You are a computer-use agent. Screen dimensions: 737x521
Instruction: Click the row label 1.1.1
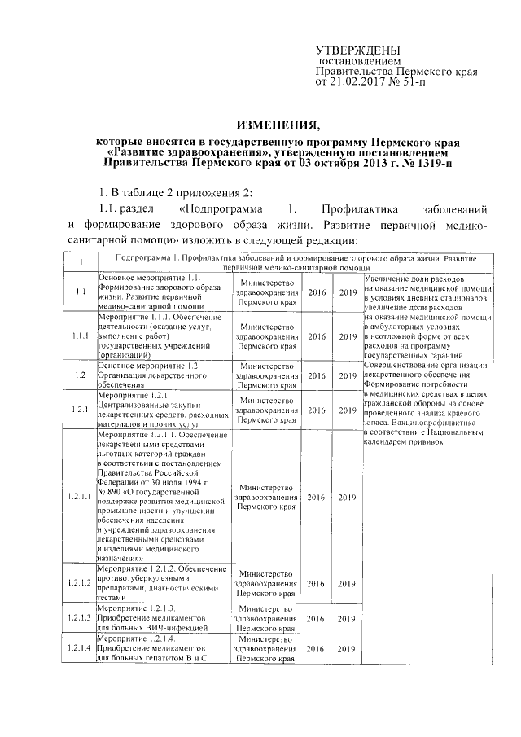pos(81,336)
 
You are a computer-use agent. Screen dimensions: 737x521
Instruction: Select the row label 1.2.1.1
pos(81,497)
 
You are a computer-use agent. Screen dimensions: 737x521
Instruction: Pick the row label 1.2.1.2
pos(81,583)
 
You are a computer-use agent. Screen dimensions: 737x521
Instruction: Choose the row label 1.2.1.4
pos(81,649)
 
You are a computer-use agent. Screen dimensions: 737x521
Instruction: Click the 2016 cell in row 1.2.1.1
pos(317,497)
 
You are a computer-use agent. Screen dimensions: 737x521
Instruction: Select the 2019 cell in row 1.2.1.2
pos(348,583)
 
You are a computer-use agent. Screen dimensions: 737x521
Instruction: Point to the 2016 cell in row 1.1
pos(317,292)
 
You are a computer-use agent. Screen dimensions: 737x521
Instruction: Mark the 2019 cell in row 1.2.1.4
pos(348,649)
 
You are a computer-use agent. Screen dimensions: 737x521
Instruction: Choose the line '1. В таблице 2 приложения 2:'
pos(172,192)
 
